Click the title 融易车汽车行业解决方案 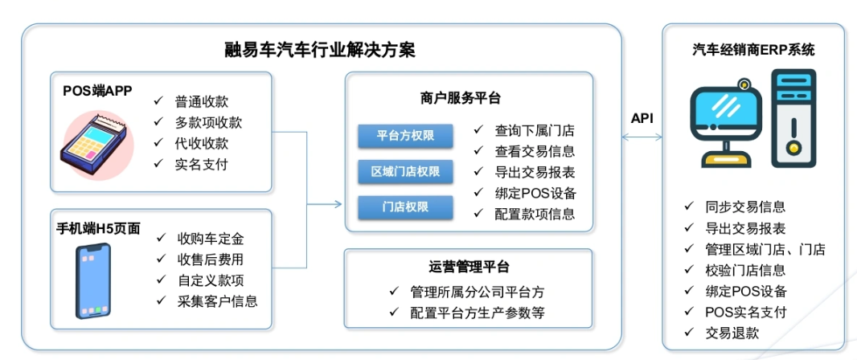pyautogui.click(x=321, y=51)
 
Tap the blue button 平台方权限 pyautogui.click(x=405, y=136)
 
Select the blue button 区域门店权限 pyautogui.click(x=405, y=172)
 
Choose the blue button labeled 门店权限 pyautogui.click(x=405, y=207)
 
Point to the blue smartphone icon pyautogui.click(x=93, y=280)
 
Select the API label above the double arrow pyautogui.click(x=642, y=118)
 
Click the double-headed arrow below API pyautogui.click(x=643, y=137)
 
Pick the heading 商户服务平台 pyautogui.click(x=461, y=98)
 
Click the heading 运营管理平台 pyautogui.click(x=469, y=267)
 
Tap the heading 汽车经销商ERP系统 pyautogui.click(x=753, y=51)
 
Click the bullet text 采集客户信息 pyautogui.click(x=218, y=301)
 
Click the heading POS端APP pyautogui.click(x=98, y=91)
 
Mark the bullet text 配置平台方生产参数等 pyautogui.click(x=478, y=313)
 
